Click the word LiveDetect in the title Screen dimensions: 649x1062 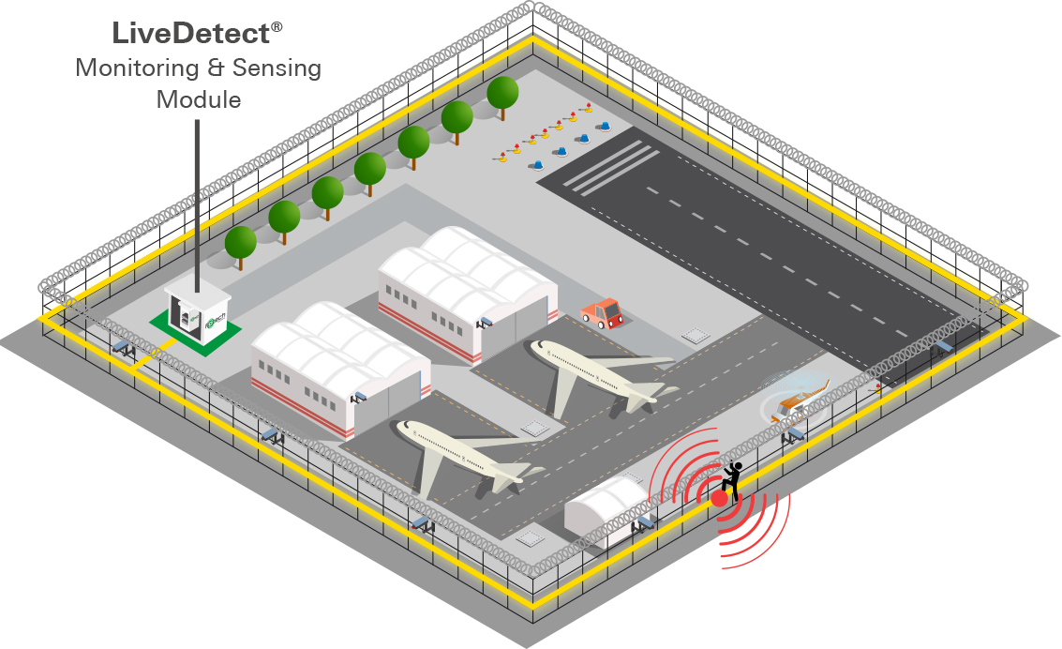190,34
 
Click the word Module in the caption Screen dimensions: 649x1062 199,99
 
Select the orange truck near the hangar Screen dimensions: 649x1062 603,312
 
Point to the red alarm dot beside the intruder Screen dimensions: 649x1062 719,499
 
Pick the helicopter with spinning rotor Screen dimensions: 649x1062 797,399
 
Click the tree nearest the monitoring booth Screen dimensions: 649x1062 241,242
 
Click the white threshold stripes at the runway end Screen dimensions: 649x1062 609,163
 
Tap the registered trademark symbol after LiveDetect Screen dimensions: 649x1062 277,29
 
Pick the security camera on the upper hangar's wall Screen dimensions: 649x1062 484,322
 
